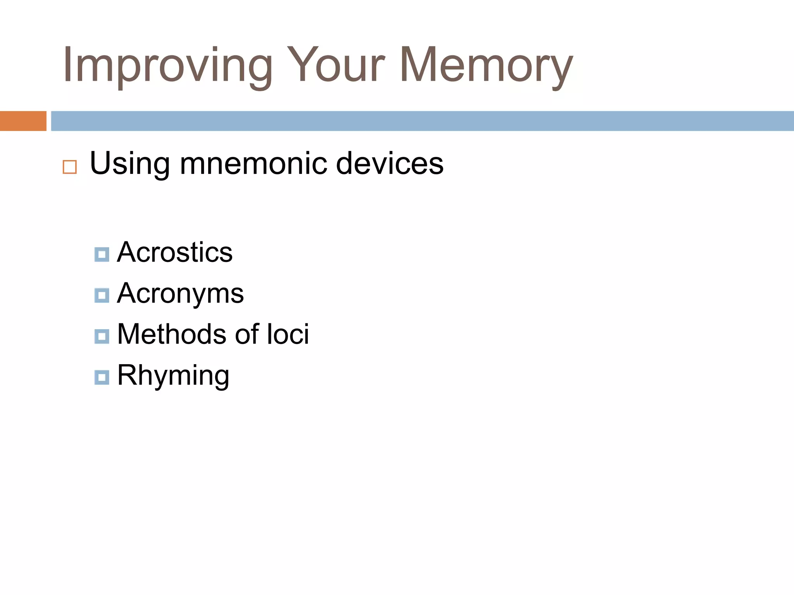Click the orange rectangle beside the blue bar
[23, 121]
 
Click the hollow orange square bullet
[70, 167]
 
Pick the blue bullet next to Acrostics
[102, 255]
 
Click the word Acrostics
[175, 252]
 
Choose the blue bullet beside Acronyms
[102, 296]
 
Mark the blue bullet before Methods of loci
[102, 336]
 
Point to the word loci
[288, 334]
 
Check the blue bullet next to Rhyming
[102, 377]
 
